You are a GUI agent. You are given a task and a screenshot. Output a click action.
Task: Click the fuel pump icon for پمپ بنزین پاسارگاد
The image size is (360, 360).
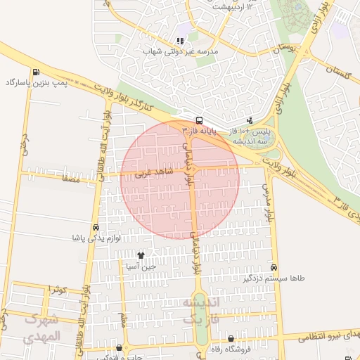point(35,72)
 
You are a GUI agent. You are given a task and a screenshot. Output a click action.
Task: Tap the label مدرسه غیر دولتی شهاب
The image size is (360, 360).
point(179,52)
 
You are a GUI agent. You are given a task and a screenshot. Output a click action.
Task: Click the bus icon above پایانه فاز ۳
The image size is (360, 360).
point(199,120)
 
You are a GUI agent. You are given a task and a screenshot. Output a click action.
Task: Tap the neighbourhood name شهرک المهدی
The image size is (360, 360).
point(42,328)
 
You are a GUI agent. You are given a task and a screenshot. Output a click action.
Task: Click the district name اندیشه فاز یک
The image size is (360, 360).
point(202,310)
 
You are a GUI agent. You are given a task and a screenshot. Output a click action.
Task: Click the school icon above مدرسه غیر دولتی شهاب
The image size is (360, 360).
point(179,41)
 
